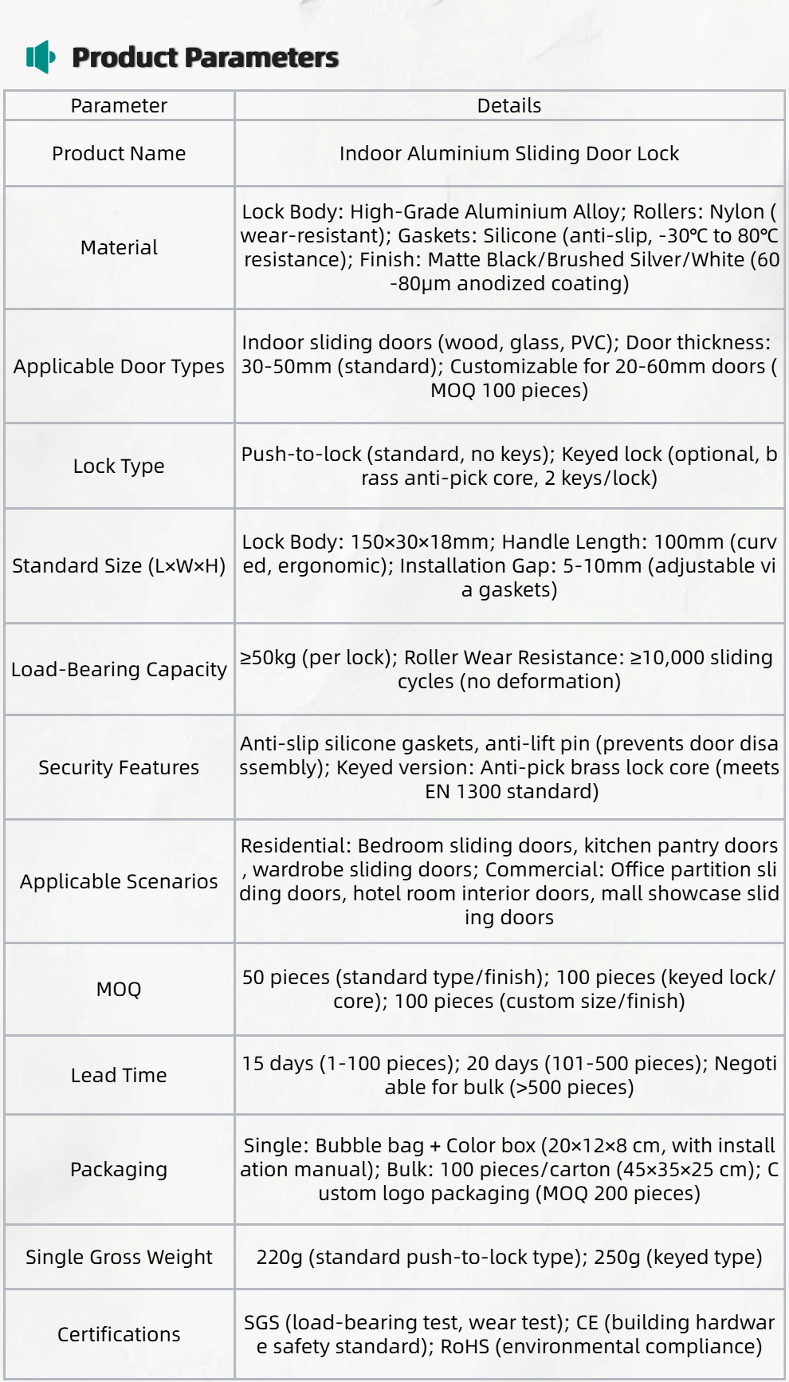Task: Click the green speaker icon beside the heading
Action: pos(40,57)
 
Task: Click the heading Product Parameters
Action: pos(205,57)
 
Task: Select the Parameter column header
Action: pos(119,105)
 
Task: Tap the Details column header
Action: pos(508,105)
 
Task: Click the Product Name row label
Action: pos(119,153)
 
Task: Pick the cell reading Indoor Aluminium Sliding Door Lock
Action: pos(508,153)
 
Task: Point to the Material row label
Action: pos(119,247)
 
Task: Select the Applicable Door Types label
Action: pos(119,366)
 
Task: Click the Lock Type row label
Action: pos(119,466)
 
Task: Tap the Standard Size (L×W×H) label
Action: pos(119,565)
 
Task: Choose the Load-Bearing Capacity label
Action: pos(119,669)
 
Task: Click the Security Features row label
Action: pos(119,767)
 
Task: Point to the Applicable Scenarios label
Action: pos(119,881)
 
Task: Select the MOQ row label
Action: pos(119,989)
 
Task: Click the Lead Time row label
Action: pos(119,1075)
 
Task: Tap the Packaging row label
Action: pos(119,1169)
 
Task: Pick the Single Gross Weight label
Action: pos(119,1257)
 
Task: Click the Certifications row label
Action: pos(119,1334)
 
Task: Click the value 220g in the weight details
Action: pos(279,1257)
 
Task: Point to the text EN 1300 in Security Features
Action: pos(461,791)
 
